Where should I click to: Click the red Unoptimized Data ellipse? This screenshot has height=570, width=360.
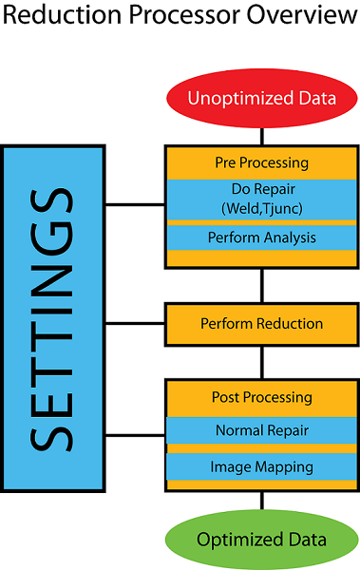click(x=261, y=98)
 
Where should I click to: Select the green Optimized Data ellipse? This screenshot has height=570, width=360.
click(x=261, y=540)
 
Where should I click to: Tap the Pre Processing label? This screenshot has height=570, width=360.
click(x=261, y=161)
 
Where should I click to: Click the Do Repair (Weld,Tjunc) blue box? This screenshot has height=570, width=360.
click(x=261, y=197)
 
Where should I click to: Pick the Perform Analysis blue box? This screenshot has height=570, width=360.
click(x=261, y=237)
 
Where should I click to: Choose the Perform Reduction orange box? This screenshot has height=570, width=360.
click(x=261, y=324)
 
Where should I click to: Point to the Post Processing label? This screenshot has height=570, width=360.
click(x=261, y=397)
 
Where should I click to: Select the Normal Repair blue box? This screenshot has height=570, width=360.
click(x=261, y=430)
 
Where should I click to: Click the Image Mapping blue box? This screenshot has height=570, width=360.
click(x=261, y=466)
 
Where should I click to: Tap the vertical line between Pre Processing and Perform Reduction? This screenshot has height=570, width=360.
click(x=261, y=285)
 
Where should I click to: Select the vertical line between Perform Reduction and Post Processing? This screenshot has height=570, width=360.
click(x=261, y=362)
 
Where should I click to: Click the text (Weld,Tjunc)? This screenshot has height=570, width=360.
click(x=261, y=206)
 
